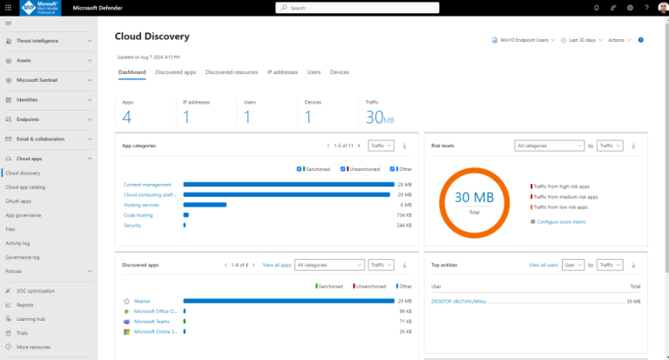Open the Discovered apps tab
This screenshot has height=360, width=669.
175,71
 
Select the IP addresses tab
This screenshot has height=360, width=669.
282,71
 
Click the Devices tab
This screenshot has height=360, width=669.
339,71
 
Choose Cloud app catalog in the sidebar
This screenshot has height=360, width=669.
25,187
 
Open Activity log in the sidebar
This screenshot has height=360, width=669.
18,243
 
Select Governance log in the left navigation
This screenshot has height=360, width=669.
23,257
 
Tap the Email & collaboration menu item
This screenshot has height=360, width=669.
40,139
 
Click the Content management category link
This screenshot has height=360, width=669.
147,185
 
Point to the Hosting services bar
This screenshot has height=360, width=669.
205,205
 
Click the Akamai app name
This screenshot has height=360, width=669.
143,300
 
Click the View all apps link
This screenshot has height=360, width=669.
276,264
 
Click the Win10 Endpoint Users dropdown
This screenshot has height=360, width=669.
523,40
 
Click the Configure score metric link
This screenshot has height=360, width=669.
563,222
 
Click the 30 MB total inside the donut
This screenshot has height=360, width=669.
473,199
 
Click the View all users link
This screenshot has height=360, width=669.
543,264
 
